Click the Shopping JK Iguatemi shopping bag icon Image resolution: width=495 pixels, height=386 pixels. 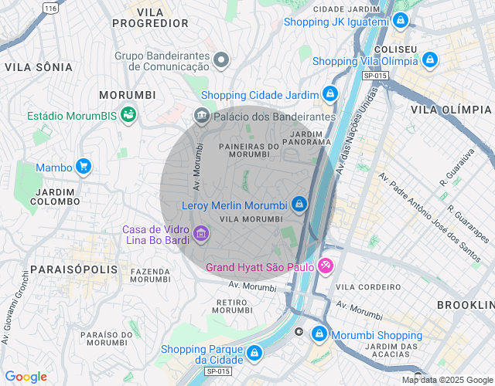[400, 21]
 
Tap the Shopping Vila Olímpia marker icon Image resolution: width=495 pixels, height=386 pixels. [430, 60]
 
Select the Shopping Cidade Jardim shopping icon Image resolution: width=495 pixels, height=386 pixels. [330, 94]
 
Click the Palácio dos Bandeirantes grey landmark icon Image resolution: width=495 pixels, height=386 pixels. [201, 116]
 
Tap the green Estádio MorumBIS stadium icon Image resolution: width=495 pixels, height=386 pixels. [128, 116]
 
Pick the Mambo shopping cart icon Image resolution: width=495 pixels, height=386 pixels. [84, 166]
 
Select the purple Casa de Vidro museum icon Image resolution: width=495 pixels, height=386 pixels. [200, 232]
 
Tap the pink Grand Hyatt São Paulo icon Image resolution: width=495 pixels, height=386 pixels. [326, 267]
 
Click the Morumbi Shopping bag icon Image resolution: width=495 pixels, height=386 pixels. [319, 334]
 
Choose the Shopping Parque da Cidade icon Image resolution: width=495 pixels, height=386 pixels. [254, 354]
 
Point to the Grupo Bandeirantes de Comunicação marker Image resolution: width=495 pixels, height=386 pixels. [222, 60]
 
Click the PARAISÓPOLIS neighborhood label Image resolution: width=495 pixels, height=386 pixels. [74, 269]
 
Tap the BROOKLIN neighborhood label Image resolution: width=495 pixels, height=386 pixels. [465, 306]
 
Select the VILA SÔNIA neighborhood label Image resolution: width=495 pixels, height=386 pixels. [34, 67]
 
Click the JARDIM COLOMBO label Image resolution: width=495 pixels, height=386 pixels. [55, 196]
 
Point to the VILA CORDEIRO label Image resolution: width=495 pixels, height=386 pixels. [367, 287]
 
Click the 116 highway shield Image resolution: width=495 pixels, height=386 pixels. [51, 8]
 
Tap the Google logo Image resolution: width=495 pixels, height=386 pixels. [26, 377]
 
